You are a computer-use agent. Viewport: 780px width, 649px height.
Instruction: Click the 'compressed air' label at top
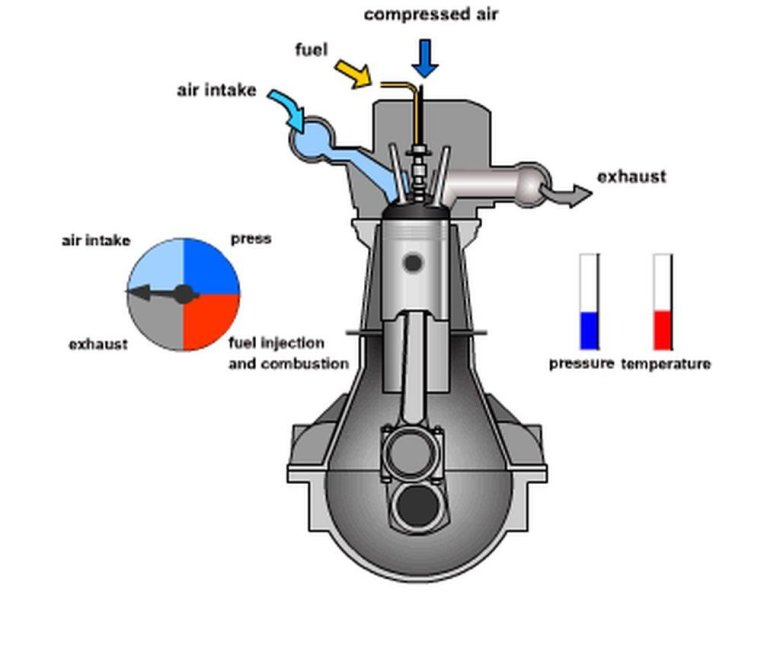tap(431, 14)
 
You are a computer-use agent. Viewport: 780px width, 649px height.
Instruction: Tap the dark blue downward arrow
tap(425, 59)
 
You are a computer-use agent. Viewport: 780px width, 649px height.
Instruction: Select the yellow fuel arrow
tap(354, 74)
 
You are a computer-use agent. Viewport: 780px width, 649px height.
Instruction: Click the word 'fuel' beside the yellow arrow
tap(311, 50)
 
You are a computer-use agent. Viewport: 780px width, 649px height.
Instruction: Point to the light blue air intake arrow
tap(288, 109)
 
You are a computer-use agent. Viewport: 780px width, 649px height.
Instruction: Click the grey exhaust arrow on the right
tap(567, 193)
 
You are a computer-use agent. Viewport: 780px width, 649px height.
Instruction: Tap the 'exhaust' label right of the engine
tap(631, 177)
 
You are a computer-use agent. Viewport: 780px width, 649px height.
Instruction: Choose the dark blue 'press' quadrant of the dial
tap(211, 267)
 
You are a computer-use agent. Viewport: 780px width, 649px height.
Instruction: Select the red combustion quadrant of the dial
tap(211, 322)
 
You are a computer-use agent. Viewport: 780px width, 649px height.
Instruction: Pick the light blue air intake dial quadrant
tap(156, 267)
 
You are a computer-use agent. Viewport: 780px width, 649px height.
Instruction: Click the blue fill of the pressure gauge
tap(589, 330)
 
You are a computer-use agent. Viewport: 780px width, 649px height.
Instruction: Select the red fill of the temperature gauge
tap(663, 330)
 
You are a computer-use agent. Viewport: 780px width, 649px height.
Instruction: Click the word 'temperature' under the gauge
tap(666, 364)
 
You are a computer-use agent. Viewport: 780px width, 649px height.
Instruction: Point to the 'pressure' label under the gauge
tap(582, 364)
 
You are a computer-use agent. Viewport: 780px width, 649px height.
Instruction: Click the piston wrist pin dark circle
tap(413, 263)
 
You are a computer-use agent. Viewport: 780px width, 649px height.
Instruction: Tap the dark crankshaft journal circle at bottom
tap(417, 507)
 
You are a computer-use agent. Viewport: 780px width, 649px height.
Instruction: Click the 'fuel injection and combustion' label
tap(289, 353)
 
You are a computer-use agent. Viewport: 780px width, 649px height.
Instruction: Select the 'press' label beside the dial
tap(251, 239)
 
